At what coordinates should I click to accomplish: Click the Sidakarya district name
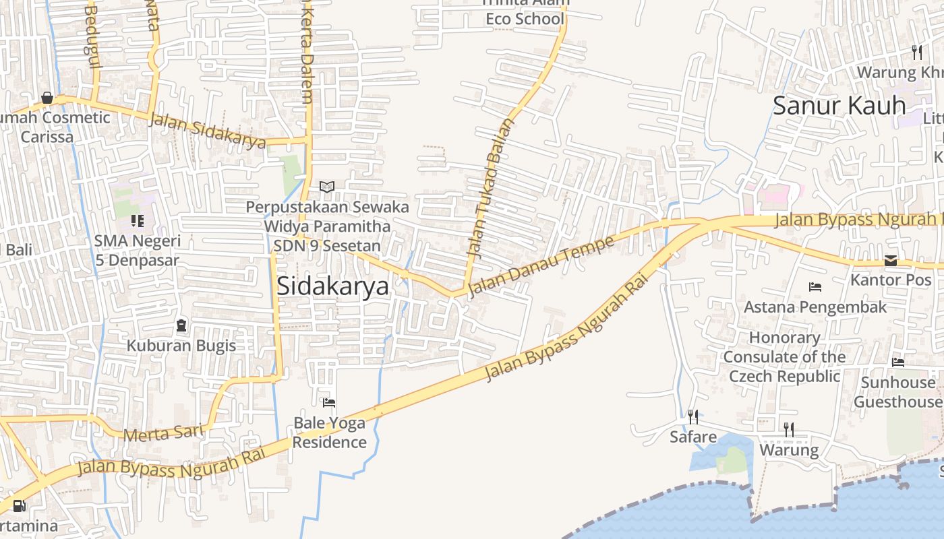[333, 286]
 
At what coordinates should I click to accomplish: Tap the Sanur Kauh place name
[839, 106]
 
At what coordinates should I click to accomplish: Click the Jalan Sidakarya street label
[207, 131]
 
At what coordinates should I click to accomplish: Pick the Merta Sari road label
[163, 433]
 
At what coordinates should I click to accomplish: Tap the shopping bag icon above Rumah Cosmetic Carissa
[47, 98]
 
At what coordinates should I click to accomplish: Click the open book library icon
[327, 187]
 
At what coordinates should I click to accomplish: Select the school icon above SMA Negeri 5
[138, 221]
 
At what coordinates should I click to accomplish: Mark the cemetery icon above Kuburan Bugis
[181, 326]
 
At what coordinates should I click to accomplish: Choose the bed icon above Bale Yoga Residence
[329, 403]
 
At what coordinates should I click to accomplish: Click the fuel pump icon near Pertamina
[20, 506]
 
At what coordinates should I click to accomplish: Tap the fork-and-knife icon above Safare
[692, 416]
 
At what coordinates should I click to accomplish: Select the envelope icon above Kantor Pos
[891, 261]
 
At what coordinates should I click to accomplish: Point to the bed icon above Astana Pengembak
[815, 287]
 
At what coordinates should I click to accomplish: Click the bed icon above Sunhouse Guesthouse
[897, 362]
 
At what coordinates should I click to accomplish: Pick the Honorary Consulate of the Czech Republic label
[784, 357]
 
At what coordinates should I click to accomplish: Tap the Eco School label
[525, 19]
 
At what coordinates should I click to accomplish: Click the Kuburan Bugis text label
[181, 346]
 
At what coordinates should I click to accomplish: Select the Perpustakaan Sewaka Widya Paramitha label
[327, 216]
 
